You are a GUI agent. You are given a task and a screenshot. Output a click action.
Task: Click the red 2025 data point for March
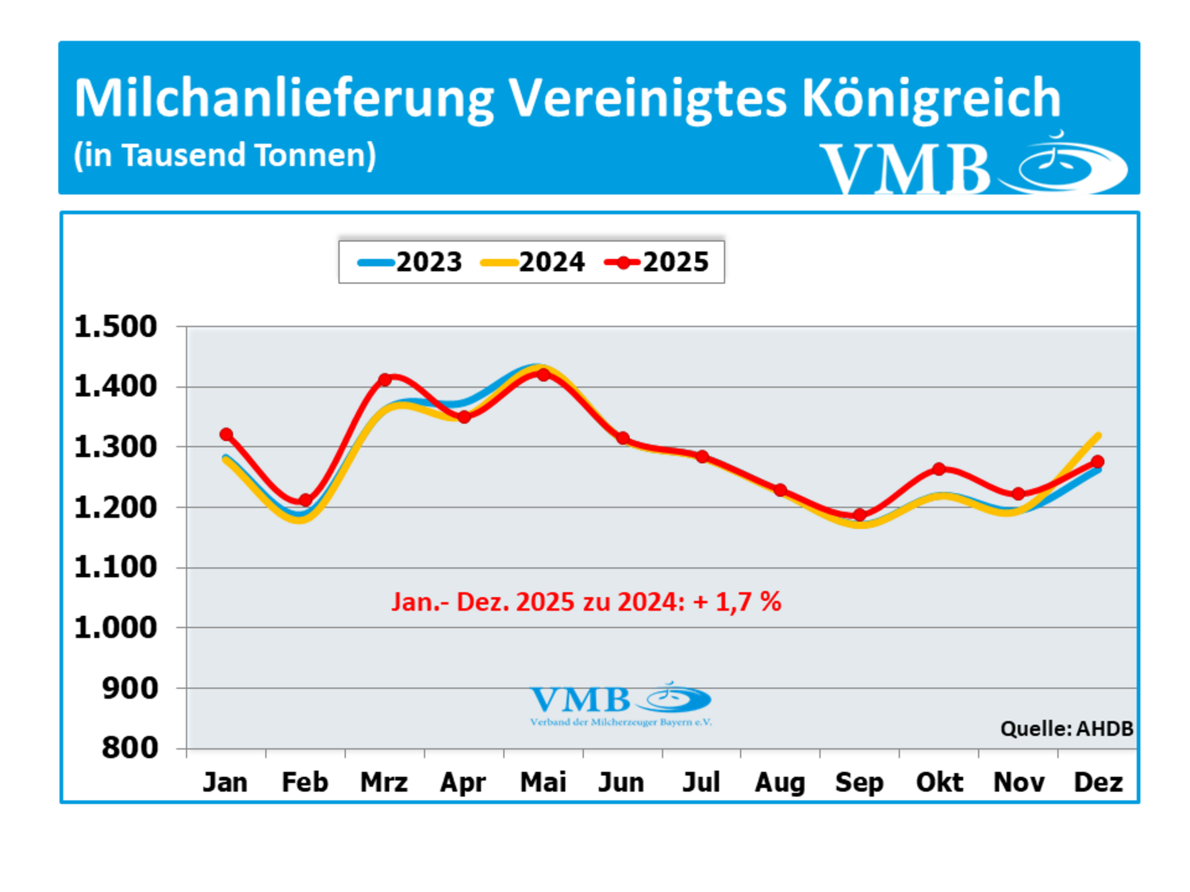pyautogui.click(x=385, y=380)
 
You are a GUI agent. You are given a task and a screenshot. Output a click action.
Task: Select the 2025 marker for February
pyautogui.click(x=305, y=500)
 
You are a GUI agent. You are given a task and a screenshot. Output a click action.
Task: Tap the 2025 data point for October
pyautogui.click(x=939, y=469)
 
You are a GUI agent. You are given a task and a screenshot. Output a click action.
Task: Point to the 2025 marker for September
pyautogui.click(x=860, y=515)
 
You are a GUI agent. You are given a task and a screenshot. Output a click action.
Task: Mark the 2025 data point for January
pyautogui.click(x=226, y=435)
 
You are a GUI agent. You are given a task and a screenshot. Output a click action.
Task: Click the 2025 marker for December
pyautogui.click(x=1098, y=461)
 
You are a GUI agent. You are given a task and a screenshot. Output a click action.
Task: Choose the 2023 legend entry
pyautogui.click(x=410, y=262)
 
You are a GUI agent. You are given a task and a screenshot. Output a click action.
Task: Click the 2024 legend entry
pyautogui.click(x=533, y=262)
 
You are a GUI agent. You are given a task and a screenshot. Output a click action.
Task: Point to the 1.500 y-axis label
pyautogui.click(x=116, y=327)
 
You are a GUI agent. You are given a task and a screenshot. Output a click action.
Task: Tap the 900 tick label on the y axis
pyautogui.click(x=130, y=688)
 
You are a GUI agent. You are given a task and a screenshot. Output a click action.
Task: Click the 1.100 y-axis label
pyautogui.click(x=116, y=568)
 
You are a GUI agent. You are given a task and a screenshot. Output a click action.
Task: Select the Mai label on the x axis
pyautogui.click(x=543, y=783)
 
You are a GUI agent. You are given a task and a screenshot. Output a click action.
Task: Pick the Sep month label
pyautogui.click(x=859, y=783)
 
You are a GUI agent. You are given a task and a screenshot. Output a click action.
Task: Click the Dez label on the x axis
pyautogui.click(x=1098, y=783)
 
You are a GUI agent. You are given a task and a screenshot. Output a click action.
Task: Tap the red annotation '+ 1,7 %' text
pyautogui.click(x=737, y=602)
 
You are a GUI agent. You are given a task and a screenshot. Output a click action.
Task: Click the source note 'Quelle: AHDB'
pyautogui.click(x=1066, y=729)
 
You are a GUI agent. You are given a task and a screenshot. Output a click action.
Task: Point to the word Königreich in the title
pyautogui.click(x=931, y=98)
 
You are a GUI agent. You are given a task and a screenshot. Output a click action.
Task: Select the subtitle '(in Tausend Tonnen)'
pyautogui.click(x=225, y=155)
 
